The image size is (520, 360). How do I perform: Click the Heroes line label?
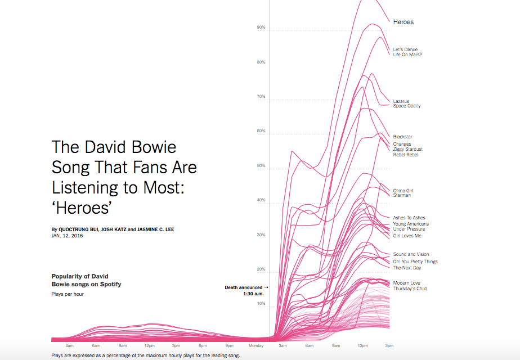pyautogui.click(x=404, y=22)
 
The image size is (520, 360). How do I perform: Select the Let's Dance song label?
pyautogui.click(x=405, y=49)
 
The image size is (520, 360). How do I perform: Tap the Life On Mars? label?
pyautogui.click(x=407, y=55)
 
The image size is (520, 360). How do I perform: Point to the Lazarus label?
pyautogui.click(x=401, y=101)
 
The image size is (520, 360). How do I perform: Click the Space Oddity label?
pyautogui.click(x=407, y=106)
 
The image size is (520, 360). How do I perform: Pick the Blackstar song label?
pyautogui.click(x=403, y=137)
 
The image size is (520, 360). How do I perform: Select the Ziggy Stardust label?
pyautogui.click(x=408, y=149)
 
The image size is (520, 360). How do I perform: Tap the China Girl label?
pyautogui.click(x=404, y=191)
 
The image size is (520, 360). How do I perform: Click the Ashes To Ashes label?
pyautogui.click(x=409, y=218)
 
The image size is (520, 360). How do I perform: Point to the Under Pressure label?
pyautogui.click(x=409, y=229)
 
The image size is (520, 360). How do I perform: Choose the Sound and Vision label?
pyautogui.click(x=411, y=254)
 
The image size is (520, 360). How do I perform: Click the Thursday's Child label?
pyautogui.click(x=410, y=289)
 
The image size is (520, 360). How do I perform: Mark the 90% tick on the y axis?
pyautogui.click(x=261, y=27)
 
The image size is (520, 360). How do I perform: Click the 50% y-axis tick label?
pyautogui.click(x=261, y=166)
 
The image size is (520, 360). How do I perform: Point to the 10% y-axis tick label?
pyautogui.click(x=261, y=304)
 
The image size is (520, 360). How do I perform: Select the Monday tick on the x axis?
pyautogui.click(x=256, y=345)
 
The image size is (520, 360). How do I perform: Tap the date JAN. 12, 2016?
pyautogui.click(x=67, y=236)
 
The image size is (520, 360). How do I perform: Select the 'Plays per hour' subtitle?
pyautogui.click(x=68, y=294)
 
